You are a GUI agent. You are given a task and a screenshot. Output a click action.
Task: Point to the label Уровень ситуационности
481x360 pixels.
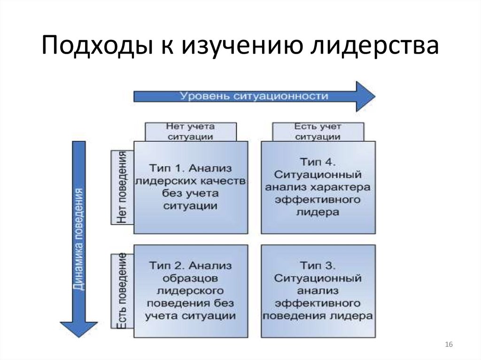(254, 96)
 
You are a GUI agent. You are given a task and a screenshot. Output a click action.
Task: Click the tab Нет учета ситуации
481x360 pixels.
(190, 132)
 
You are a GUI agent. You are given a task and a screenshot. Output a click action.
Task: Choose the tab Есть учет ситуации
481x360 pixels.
(318, 132)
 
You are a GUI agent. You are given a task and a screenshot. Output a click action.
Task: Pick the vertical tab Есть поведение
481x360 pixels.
(122, 291)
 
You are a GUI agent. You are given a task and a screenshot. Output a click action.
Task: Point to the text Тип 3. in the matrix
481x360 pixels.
(318, 266)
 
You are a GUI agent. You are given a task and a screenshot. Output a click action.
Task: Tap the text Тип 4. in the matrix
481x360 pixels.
(318, 162)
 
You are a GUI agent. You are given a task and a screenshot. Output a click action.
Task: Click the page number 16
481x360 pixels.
(448, 345)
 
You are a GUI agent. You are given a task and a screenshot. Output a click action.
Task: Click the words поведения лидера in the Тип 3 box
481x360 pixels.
(318, 315)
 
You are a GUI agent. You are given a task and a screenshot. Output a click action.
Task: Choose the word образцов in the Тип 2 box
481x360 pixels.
(190, 278)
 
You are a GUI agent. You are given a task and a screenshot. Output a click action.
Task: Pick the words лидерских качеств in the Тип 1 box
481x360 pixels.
(190, 181)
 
